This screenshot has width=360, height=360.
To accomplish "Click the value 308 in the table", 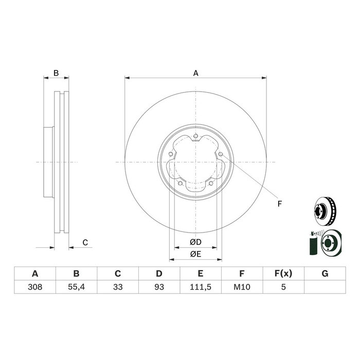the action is tap(35, 287).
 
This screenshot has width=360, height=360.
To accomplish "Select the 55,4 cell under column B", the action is tap(76, 287).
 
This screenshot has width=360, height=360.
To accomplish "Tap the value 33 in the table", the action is tap(118, 287).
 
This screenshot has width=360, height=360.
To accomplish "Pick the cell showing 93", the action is tap(159, 287).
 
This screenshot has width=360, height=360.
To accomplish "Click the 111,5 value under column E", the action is tap(201, 287).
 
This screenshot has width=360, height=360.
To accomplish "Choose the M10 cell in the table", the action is tap(242, 287).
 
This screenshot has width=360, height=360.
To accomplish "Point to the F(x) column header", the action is tap(283, 274).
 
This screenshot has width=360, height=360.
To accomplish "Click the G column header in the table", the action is tap(325, 274).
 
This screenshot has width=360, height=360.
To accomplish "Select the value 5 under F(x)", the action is tap(283, 287).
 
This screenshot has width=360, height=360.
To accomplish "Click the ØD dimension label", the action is tap(195, 242).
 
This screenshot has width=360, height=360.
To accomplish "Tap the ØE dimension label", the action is tap(195, 254).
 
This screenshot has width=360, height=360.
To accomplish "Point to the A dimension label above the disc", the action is tap(195, 73).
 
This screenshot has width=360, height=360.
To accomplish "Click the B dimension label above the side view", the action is tap(56, 73).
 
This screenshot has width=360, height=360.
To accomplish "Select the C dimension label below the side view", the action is tap(85, 242).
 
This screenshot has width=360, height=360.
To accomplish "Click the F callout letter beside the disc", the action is tap(279, 204).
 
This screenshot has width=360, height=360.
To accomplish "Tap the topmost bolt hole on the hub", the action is tap(195, 136).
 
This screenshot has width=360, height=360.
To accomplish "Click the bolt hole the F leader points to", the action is tap(221, 154).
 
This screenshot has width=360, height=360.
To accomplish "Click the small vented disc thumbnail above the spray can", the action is tap(326, 211).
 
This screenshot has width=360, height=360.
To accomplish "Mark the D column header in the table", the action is tap(159, 274).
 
